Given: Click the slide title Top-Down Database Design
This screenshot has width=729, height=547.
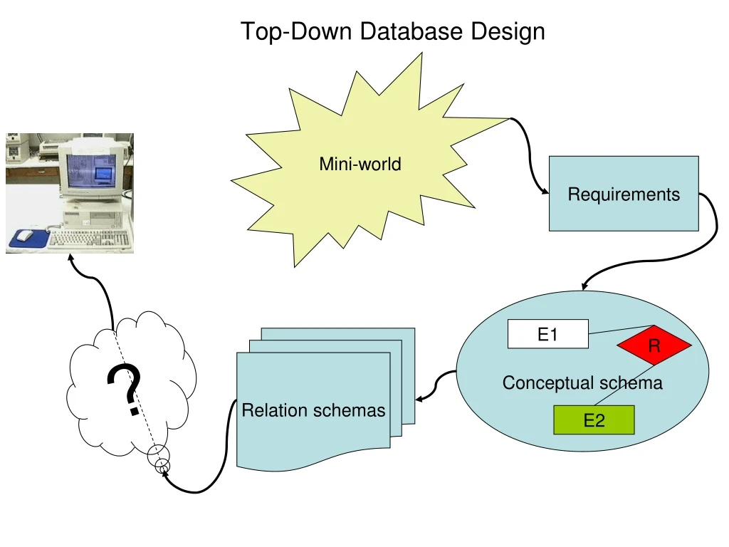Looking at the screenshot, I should tap(392, 31).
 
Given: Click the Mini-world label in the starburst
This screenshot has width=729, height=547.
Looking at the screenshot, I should tap(360, 164).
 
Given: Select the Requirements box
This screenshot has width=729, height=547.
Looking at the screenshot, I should tap(624, 194).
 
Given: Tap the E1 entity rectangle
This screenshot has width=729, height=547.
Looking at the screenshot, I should tap(547, 334).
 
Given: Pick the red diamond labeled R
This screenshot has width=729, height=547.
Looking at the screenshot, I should tap(654, 346).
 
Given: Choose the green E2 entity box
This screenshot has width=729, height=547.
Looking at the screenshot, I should tap(594, 420).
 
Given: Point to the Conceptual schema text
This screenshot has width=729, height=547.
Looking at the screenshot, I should tap(582, 383).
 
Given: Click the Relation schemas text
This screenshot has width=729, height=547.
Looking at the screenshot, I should tap(313, 410).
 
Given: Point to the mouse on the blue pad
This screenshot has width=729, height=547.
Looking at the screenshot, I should tap(25, 235).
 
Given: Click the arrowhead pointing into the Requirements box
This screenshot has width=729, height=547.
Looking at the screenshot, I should tap(545, 192).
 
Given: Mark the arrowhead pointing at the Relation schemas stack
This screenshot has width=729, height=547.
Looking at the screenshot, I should tap(419, 399).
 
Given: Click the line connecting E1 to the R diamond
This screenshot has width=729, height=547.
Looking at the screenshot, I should tap(619, 330).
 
